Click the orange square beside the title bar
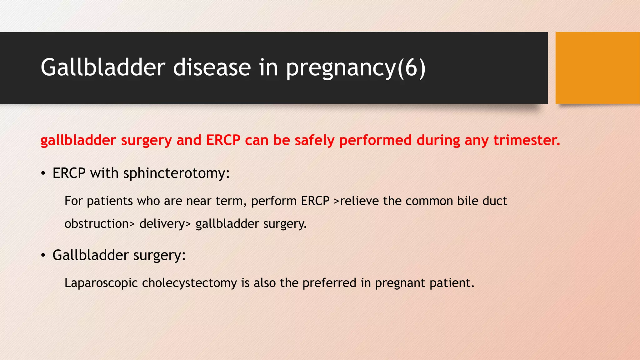tap(597, 68)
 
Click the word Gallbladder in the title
tap(103, 67)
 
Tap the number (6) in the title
tap(411, 68)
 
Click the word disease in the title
tap(212, 67)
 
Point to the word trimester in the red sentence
tap(527, 140)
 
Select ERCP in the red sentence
tap(223, 140)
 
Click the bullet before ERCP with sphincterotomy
tap(43, 174)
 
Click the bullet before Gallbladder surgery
tap(43, 256)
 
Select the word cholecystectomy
tap(189, 283)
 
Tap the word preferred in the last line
tap(329, 283)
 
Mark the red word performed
tap(375, 141)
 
